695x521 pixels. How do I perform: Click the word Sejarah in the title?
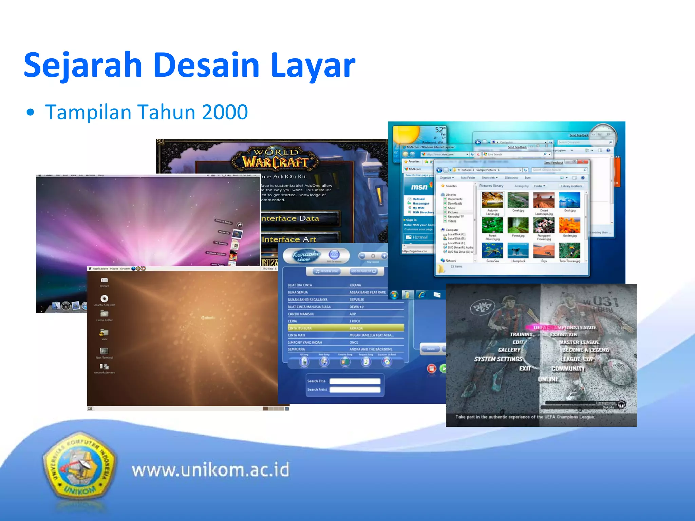[83, 65]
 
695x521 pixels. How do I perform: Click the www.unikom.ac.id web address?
[210, 470]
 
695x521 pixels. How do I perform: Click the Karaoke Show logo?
[305, 255]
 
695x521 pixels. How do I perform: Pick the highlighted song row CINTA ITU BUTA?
[345, 328]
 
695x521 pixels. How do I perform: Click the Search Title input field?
[355, 381]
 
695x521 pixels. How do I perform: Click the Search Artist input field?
[355, 390]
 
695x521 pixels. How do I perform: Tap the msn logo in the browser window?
[419, 187]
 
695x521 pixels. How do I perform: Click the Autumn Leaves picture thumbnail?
[492, 200]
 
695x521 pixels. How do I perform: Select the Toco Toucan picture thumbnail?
[569, 251]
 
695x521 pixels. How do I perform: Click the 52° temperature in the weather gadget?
[440, 130]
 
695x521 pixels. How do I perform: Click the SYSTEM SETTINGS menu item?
[498, 359]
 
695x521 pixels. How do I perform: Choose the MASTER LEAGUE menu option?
[579, 342]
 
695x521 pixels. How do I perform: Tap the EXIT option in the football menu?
[525, 368]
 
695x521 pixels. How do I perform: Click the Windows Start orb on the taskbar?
[394, 295]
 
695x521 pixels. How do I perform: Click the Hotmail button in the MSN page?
[419, 237]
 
